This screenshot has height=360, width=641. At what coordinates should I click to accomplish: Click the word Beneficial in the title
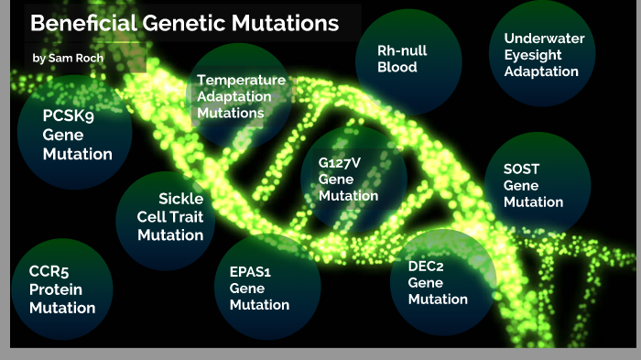click(x=83, y=23)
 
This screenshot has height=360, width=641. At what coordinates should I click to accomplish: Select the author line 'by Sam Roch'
click(x=66, y=58)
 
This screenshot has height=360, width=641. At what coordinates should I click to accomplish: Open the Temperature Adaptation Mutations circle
click(x=240, y=96)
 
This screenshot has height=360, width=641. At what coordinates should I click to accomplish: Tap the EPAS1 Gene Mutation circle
click(x=259, y=287)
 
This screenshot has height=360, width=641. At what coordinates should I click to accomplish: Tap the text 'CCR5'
click(x=50, y=272)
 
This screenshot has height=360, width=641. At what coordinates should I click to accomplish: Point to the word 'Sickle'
click(x=180, y=198)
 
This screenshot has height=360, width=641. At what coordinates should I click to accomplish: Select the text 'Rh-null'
click(x=403, y=49)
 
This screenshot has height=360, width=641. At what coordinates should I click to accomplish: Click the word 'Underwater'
click(x=544, y=38)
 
